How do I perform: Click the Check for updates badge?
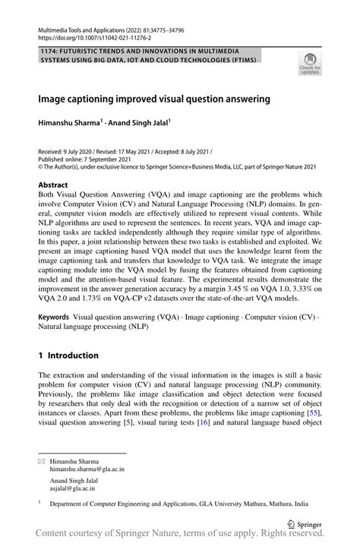(310, 64)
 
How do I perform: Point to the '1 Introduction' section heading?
(68, 355)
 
